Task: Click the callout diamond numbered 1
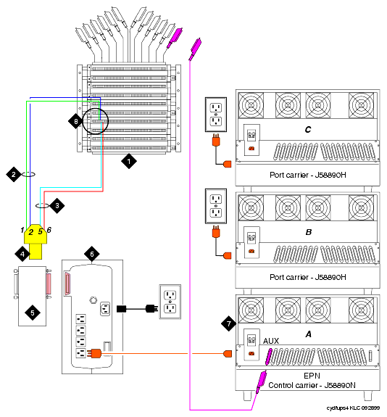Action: [129, 161]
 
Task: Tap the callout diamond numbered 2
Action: [14, 175]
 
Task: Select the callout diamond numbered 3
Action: [57, 205]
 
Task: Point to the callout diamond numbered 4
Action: [22, 254]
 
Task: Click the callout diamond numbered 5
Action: [33, 313]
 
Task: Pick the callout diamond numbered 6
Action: [92, 255]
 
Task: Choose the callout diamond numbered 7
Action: [229, 323]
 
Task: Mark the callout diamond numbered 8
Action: [76, 122]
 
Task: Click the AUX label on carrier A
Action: [271, 341]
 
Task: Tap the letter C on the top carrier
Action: [308, 130]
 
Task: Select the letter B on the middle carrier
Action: [308, 232]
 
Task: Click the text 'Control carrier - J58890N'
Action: [312, 385]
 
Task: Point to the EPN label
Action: [312, 376]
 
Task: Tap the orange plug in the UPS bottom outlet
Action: [93, 353]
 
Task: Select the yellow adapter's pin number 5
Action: [40, 231]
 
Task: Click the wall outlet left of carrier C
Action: [216, 115]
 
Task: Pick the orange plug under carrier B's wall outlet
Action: [216, 232]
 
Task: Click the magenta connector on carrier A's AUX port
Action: [269, 357]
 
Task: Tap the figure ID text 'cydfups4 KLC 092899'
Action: [353, 408]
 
